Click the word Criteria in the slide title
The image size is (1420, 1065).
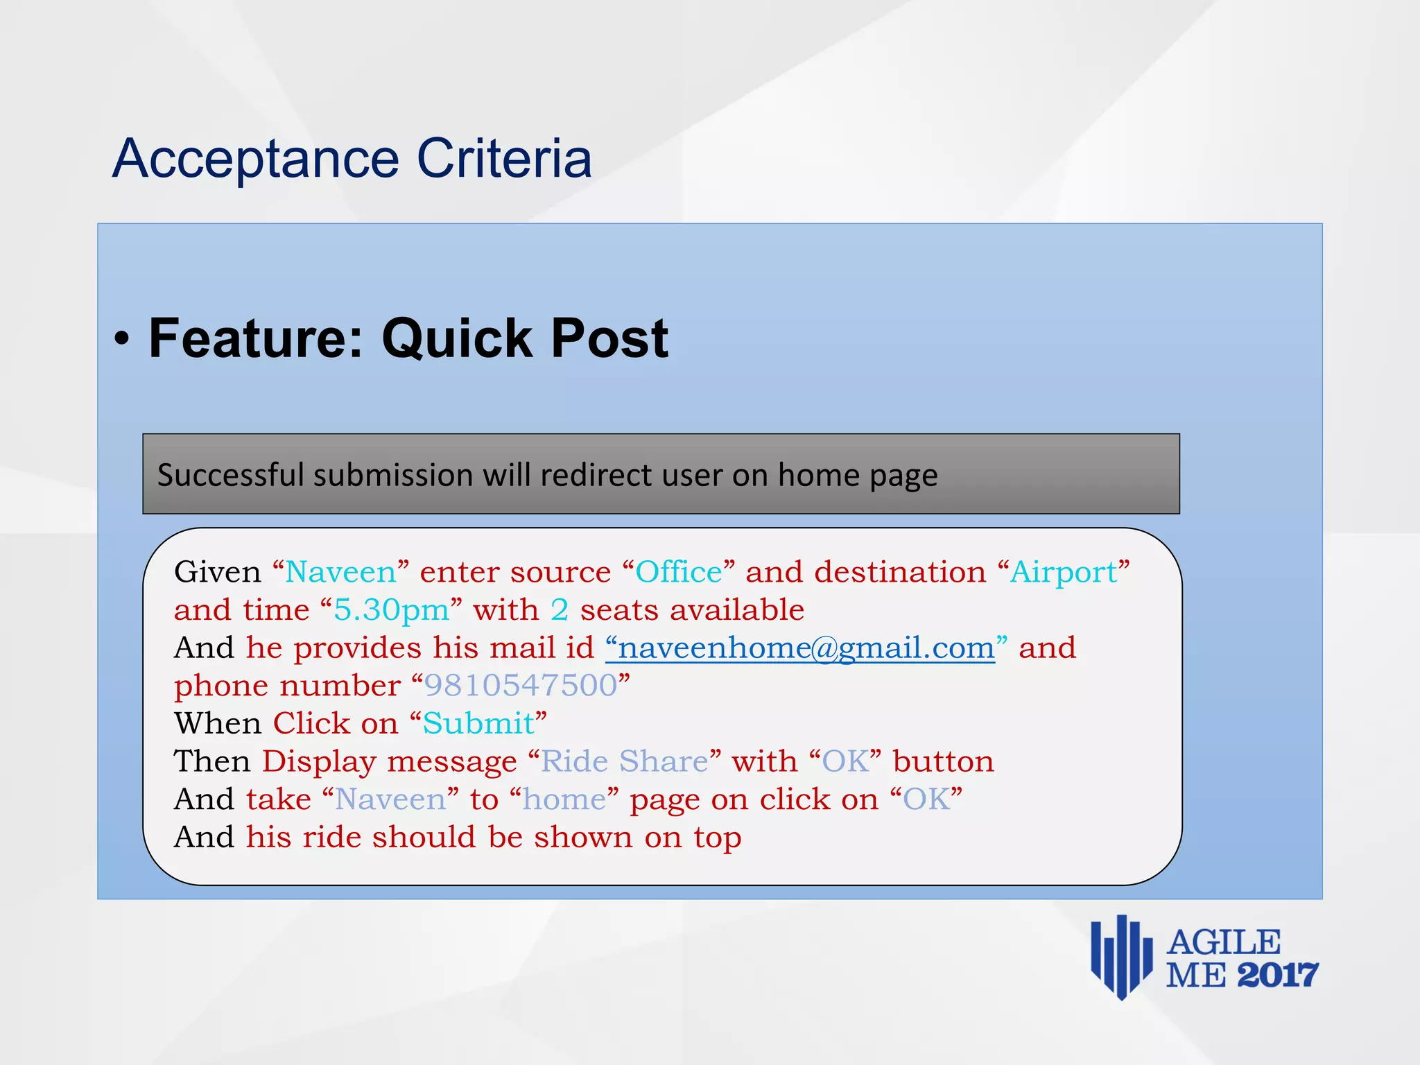504,158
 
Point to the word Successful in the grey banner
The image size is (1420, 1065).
231,476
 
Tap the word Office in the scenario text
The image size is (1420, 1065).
679,573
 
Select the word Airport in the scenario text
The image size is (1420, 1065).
1064,573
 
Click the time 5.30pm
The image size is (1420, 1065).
392,610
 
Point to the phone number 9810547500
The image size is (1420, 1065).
520,686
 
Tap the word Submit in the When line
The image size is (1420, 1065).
478,724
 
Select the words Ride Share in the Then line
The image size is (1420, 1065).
624,761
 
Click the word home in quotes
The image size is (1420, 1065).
564,799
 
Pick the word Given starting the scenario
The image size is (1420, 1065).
217,573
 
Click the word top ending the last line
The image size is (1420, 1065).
718,838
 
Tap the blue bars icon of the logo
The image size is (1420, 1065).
1120,957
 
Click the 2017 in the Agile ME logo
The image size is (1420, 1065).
1277,976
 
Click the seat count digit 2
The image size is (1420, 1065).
560,610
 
